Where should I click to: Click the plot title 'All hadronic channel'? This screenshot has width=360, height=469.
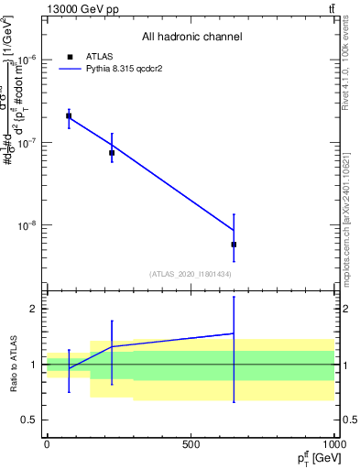(x=191, y=38)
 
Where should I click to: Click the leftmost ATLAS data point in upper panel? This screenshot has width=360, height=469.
(x=69, y=116)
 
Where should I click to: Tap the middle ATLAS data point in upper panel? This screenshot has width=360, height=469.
(x=112, y=153)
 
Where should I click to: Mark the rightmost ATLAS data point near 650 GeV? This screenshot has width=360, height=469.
(x=235, y=245)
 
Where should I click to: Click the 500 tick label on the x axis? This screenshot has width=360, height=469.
(x=191, y=442)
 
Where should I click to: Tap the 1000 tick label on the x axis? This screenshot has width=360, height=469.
(x=333, y=442)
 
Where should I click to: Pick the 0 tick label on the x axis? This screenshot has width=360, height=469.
(x=47, y=442)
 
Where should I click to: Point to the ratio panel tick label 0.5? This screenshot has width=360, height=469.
(x=28, y=420)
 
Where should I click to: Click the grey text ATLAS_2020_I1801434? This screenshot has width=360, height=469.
(x=191, y=274)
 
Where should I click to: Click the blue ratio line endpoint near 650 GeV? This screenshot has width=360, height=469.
(x=235, y=333)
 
